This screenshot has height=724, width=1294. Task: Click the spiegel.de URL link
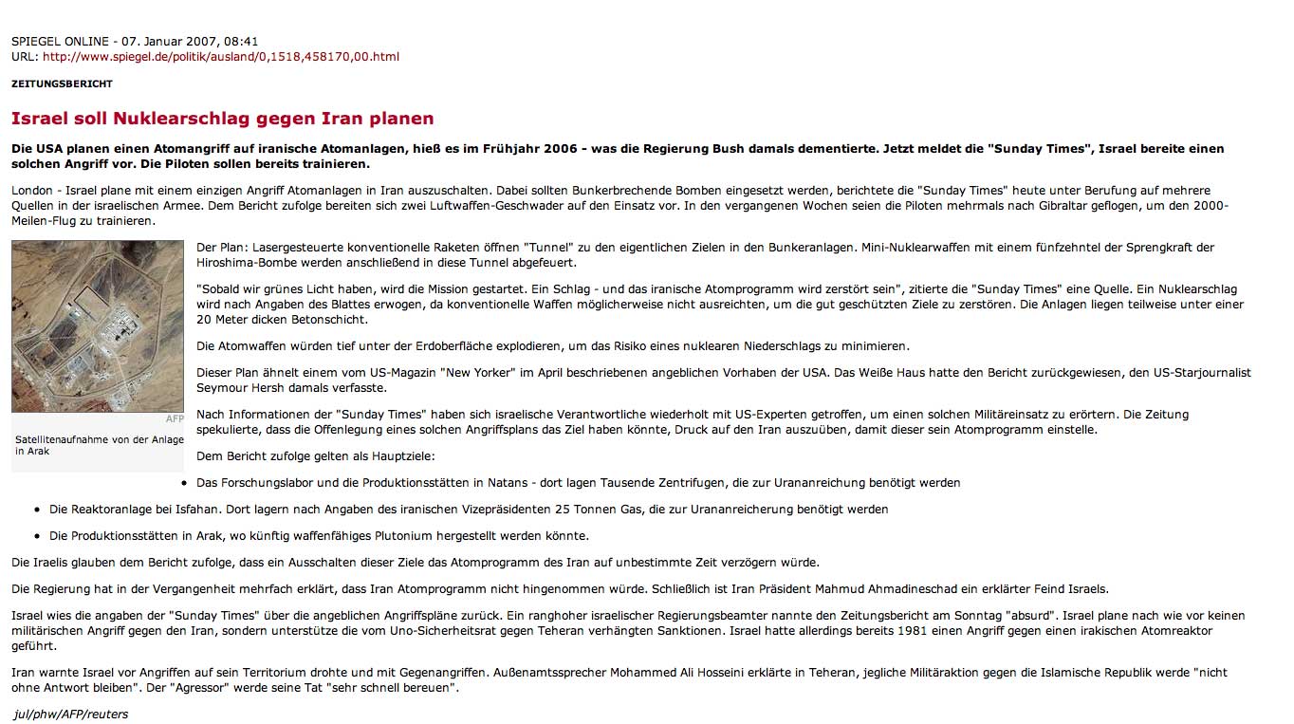pos(220,57)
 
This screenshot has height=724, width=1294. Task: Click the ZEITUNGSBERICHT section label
pos(62,84)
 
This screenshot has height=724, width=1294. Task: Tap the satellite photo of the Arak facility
pos(98,325)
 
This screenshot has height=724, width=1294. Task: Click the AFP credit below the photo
pos(175,418)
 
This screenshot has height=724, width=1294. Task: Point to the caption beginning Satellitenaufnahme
pos(99,445)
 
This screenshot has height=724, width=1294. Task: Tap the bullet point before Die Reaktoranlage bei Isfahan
pos(37,510)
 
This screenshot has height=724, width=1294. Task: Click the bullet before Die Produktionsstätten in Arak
pos(37,536)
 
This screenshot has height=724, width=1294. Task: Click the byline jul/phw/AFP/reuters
pos(71,714)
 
